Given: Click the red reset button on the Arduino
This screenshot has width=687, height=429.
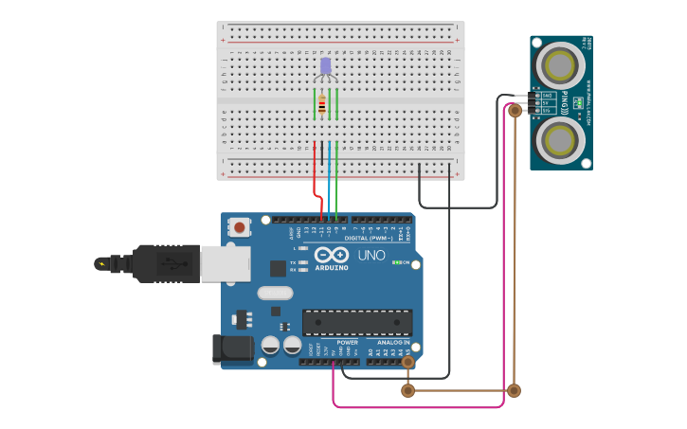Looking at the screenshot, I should (240, 227).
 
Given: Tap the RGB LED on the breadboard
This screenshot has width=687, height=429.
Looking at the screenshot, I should (326, 65).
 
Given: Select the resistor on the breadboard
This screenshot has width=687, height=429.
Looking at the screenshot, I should (322, 106).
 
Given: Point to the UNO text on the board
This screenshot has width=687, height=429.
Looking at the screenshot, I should (371, 256).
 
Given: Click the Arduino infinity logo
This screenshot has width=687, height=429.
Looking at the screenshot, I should (332, 255).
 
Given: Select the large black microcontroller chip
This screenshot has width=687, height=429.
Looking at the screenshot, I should (357, 321).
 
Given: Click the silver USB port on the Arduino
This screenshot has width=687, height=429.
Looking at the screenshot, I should (226, 263).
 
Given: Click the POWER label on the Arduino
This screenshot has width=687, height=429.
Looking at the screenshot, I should (347, 342).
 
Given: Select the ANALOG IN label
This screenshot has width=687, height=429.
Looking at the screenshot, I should (393, 342).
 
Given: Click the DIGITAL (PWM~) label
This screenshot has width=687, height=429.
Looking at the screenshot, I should (369, 238).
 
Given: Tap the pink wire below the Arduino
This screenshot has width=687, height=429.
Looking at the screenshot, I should (417, 407).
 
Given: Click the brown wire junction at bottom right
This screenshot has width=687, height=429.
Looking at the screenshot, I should (514, 390).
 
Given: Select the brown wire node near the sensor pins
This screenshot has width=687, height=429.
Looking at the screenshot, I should (515, 111).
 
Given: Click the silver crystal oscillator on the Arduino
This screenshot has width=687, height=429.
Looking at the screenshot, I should (275, 294).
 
